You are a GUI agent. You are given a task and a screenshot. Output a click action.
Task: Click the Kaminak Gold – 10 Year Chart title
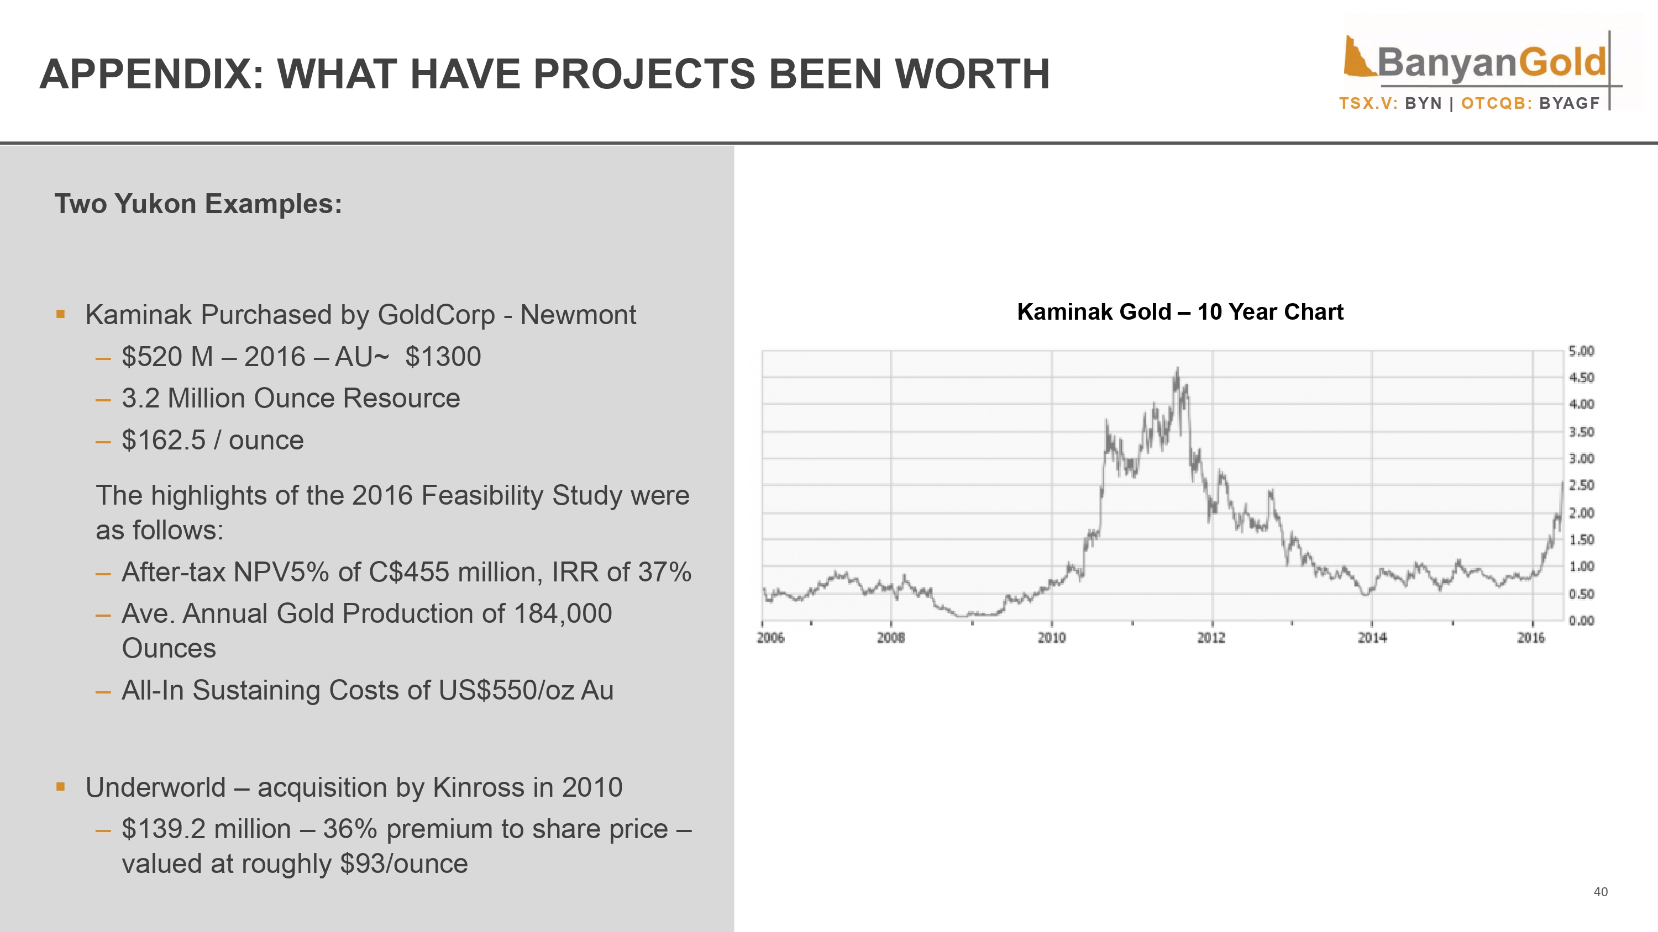click(x=1180, y=312)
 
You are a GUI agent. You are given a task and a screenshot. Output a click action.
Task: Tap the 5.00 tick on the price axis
click(x=1581, y=351)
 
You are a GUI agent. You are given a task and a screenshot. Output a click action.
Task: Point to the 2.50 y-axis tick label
click(x=1581, y=486)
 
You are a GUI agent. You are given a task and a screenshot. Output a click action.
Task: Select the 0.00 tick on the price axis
click(x=1581, y=621)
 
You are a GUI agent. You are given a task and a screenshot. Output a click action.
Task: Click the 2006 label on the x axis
click(x=770, y=637)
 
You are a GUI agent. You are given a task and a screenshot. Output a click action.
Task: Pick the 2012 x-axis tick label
click(x=1211, y=637)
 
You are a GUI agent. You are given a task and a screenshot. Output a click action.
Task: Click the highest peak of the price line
click(x=1177, y=369)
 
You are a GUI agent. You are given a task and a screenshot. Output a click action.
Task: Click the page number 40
click(x=1600, y=892)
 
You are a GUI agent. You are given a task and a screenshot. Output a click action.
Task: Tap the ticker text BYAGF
click(x=1569, y=104)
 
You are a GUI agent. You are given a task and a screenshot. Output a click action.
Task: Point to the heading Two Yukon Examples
click(x=198, y=204)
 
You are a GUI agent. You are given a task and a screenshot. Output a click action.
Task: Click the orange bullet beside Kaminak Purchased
click(x=60, y=315)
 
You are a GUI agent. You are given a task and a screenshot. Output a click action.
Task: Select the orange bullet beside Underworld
click(x=60, y=787)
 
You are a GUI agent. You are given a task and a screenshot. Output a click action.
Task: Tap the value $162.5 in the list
click(x=163, y=441)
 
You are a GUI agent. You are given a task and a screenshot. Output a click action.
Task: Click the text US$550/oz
click(x=506, y=690)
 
